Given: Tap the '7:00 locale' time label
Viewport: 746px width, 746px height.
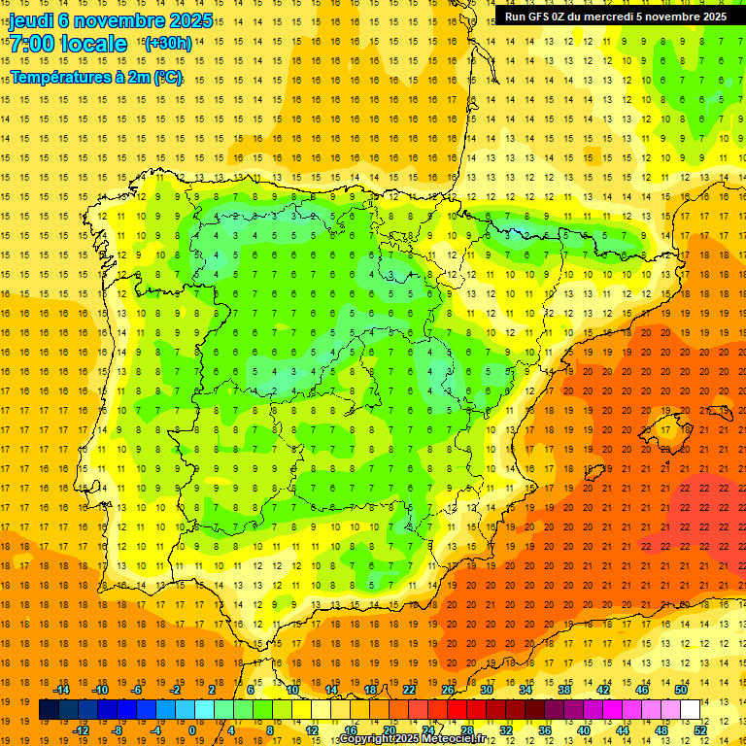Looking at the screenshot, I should coord(68,44).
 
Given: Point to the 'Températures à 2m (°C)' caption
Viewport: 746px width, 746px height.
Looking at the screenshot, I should coord(96,77).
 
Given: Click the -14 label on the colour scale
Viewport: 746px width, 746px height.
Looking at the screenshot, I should coord(61,690).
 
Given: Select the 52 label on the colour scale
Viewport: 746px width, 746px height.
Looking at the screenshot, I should coord(701,729).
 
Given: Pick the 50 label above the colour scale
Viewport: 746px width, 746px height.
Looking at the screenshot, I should coord(681,690).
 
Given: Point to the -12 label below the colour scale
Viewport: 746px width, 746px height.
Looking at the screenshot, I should coord(81,729).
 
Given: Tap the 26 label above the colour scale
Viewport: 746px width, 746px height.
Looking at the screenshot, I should coord(448,690).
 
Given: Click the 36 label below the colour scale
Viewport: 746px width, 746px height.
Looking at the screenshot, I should coord(545,729).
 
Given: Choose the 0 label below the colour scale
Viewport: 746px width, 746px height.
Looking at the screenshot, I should coord(192,729).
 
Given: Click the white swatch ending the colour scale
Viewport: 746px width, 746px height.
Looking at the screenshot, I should coord(690,710).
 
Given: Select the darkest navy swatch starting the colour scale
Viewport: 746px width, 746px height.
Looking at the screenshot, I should coord(49,710).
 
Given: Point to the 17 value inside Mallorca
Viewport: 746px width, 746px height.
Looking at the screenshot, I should coord(661,429).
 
